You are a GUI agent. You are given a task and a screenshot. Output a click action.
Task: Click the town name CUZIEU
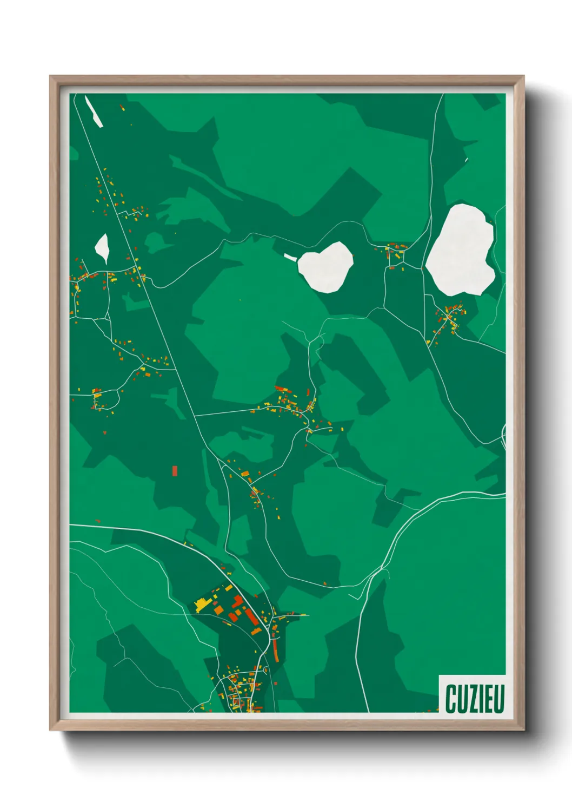tap(475, 698)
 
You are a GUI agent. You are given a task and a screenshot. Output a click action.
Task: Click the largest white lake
tap(461, 250)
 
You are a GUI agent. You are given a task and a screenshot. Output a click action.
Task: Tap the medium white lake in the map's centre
tap(326, 267)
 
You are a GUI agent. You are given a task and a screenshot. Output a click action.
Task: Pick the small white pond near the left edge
tap(102, 248)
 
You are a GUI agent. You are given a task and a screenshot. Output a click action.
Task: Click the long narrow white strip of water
tap(94, 111)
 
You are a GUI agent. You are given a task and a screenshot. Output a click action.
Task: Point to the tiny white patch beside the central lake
tap(290, 257)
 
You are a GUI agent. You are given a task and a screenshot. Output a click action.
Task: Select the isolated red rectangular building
tap(175, 470)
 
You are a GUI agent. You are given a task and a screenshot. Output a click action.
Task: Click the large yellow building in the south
tap(203, 604)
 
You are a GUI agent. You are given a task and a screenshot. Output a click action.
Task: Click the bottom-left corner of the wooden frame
tap(51, 730)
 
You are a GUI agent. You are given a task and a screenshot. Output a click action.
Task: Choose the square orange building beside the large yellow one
tap(218, 609)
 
